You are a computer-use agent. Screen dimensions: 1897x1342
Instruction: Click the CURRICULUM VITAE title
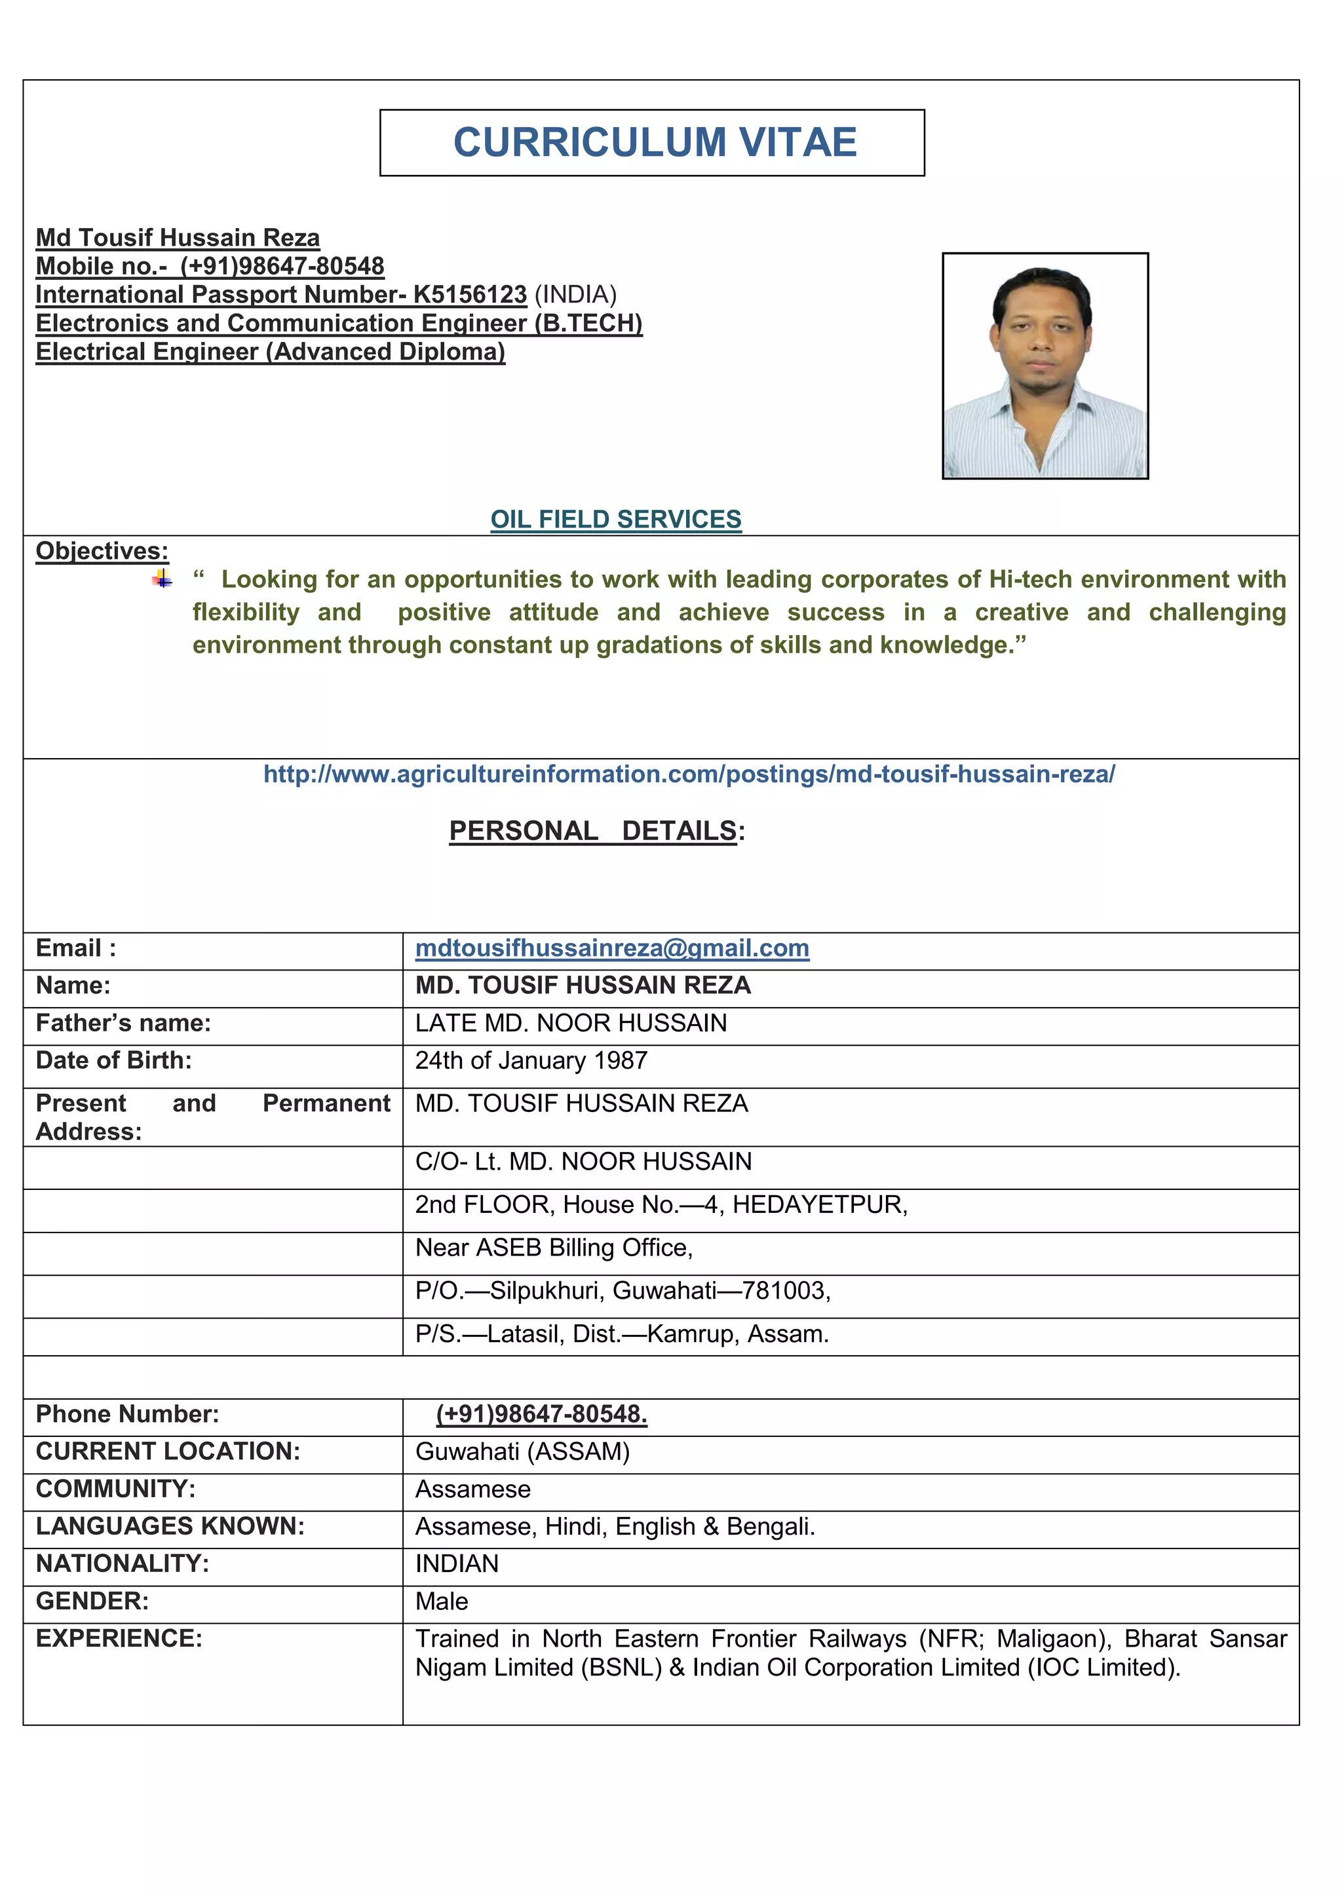coord(655,142)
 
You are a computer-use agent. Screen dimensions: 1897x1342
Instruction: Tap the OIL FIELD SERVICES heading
coord(616,519)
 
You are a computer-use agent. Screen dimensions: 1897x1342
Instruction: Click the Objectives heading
coord(102,551)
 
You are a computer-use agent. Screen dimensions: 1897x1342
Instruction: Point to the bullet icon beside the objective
coord(163,580)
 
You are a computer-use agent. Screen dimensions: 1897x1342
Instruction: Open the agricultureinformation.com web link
coord(689,774)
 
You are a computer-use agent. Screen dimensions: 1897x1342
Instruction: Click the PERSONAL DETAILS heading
coord(597,830)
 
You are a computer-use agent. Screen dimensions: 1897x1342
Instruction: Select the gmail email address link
coord(611,949)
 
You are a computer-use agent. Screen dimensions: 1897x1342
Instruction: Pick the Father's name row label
coord(123,1023)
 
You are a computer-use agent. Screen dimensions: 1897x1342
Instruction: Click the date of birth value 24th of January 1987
coord(531,1061)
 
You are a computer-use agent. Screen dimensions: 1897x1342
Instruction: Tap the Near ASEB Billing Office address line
coord(554,1248)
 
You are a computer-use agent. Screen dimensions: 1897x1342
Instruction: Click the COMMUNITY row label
coord(116,1489)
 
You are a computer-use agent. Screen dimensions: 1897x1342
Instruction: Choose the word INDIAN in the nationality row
coord(456,1564)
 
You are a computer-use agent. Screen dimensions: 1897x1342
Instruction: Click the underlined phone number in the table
coord(541,1415)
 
